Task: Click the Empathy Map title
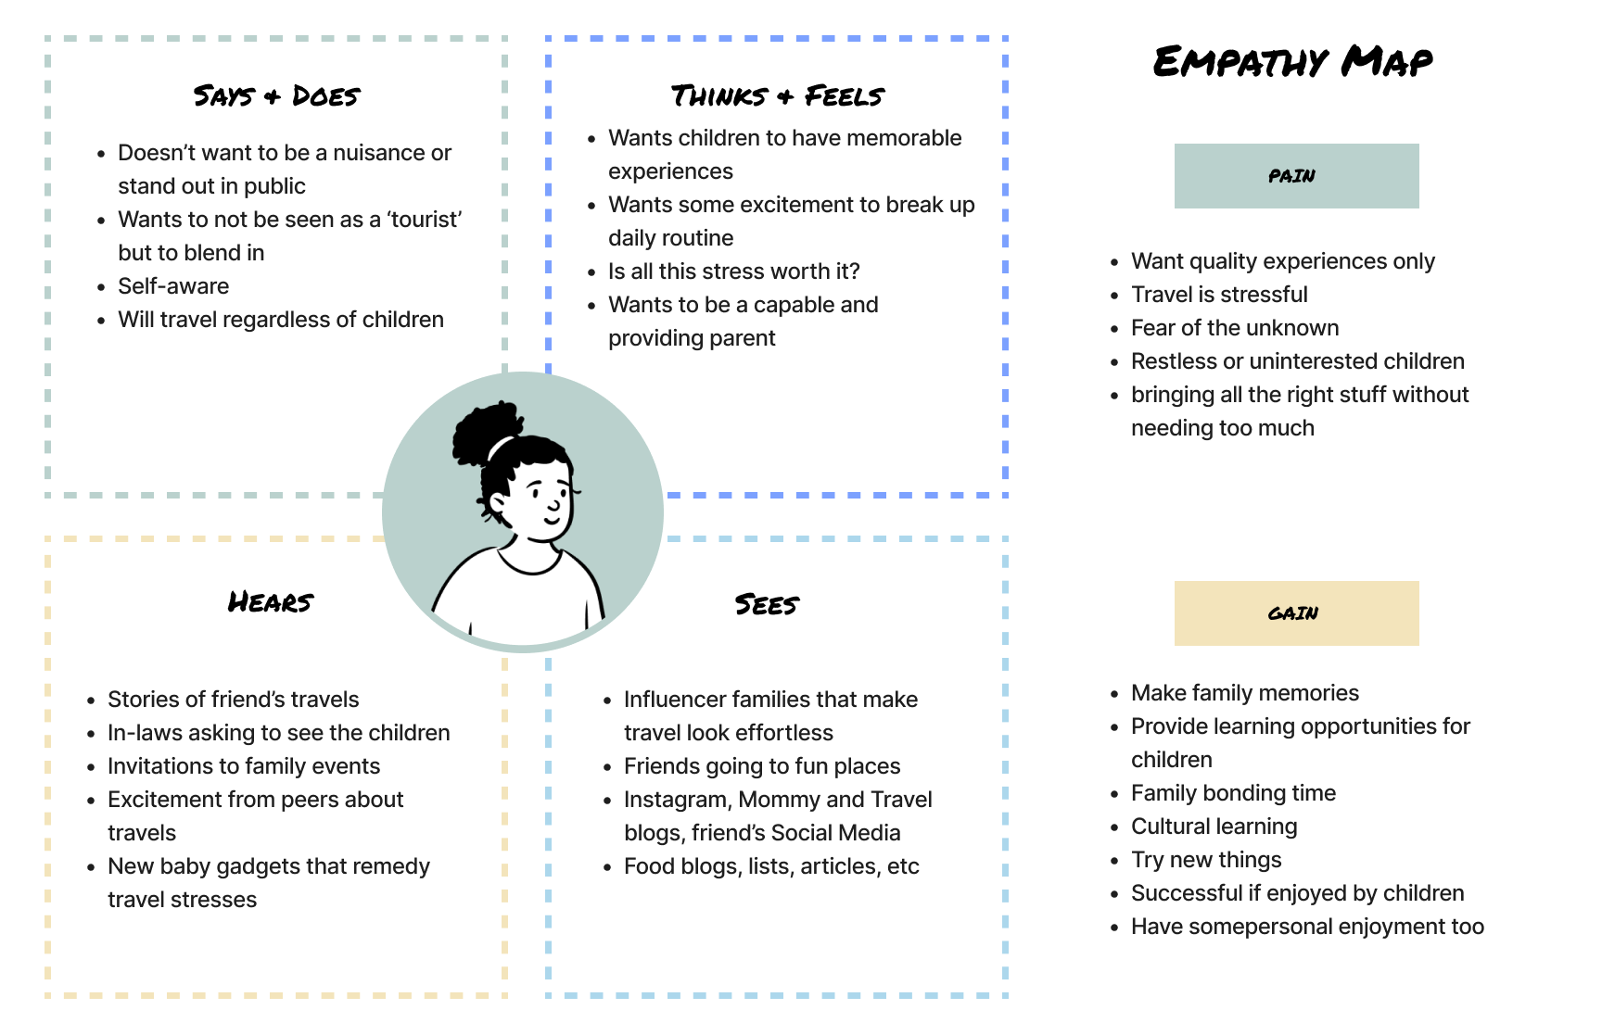[x=1292, y=61]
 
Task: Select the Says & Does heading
[x=276, y=95]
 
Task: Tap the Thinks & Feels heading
[x=777, y=95]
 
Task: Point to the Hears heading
[x=271, y=602]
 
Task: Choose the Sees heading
[x=767, y=604]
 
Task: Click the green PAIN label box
[x=1296, y=176]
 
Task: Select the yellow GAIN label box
[x=1296, y=613]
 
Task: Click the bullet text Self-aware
[x=173, y=286]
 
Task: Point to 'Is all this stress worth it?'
[x=733, y=271]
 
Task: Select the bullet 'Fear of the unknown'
[x=1234, y=328]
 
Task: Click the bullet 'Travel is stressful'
[x=1219, y=295]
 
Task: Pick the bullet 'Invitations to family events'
[x=244, y=766]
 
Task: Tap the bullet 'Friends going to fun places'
[x=762, y=766]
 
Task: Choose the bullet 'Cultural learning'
[x=1214, y=827]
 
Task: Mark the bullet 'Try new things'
[x=1206, y=860]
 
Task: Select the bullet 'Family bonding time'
[x=1233, y=793]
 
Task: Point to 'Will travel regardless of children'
[x=281, y=320]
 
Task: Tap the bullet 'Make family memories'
[x=1244, y=693]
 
